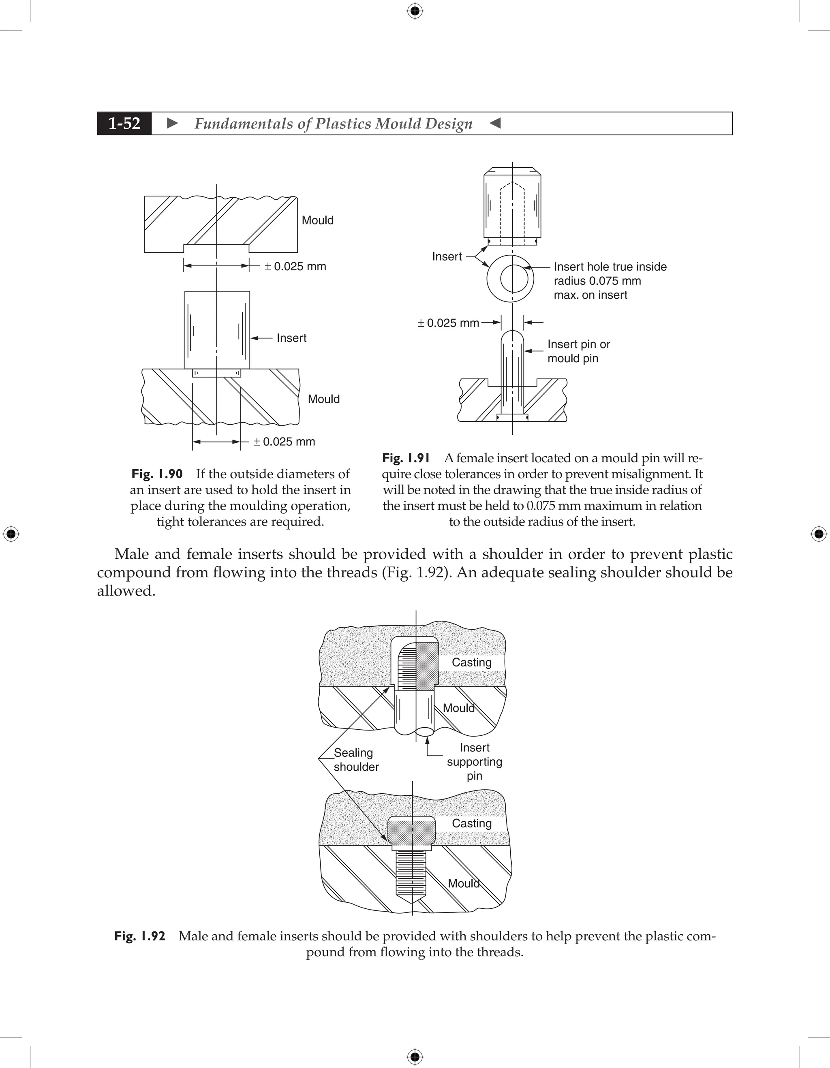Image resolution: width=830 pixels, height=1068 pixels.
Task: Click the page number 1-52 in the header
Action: [124, 123]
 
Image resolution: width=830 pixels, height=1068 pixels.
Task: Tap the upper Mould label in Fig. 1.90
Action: [317, 220]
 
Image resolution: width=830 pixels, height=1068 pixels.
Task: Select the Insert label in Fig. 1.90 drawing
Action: [291, 338]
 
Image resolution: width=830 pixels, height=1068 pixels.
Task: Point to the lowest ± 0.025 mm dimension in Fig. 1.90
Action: [284, 442]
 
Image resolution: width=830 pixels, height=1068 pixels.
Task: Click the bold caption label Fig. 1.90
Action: [157, 474]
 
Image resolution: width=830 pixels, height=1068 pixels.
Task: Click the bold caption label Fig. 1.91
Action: [406, 458]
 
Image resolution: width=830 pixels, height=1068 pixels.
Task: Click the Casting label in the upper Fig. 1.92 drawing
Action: [471, 662]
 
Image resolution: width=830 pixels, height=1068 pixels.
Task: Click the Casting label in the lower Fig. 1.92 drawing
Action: [471, 823]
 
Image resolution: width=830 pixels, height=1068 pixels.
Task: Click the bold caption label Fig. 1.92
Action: [140, 936]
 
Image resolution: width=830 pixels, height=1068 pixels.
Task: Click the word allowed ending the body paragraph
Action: [126, 591]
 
